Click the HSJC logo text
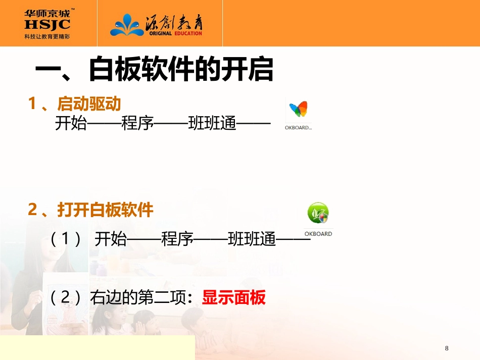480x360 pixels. tap(47, 24)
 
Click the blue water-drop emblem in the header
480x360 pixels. tap(127, 24)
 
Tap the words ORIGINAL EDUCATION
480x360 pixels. tap(175, 33)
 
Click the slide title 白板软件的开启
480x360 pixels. tap(181, 70)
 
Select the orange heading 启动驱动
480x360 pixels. tap(89, 104)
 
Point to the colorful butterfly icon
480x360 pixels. tap(298, 109)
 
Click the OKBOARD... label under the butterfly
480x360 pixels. tap(298, 128)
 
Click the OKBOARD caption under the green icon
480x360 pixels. tap(318, 234)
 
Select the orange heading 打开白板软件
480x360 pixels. tap(105, 210)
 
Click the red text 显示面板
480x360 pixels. tap(233, 298)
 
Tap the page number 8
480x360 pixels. tap(446, 348)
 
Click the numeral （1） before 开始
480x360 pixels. tap(66, 239)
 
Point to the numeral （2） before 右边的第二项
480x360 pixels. tap(66, 298)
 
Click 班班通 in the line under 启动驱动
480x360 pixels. tap(212, 123)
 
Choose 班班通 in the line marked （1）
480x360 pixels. tap(252, 239)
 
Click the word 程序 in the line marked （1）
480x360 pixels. tap(177, 239)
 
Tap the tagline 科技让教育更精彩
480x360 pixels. tap(47, 36)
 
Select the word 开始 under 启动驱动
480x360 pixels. tap(71, 123)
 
